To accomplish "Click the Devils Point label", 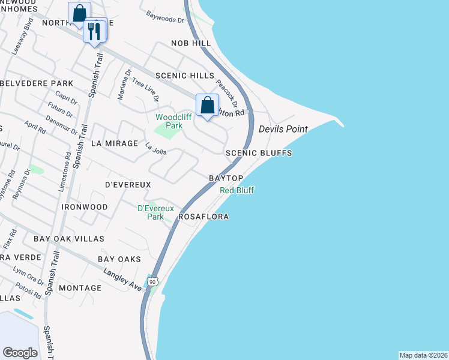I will tap(283, 130).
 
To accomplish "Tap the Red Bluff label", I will tap(237, 190).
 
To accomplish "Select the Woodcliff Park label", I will tap(169, 122).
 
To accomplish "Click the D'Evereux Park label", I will tap(155, 212).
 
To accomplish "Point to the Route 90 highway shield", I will tap(152, 281).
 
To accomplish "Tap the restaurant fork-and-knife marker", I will tap(94, 31).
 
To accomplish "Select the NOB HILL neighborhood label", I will tap(191, 44).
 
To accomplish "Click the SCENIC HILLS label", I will tap(184, 76).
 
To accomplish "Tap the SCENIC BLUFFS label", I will tap(259, 154).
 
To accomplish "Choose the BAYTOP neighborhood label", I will tap(226, 179).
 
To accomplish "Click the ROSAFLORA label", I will tap(203, 217).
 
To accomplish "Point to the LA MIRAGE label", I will tap(112, 144).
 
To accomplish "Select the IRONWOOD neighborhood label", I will tap(84, 207).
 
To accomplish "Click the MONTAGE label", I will tap(80, 288).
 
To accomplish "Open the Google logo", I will tap(20, 353).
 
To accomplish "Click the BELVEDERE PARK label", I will tap(37, 83).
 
